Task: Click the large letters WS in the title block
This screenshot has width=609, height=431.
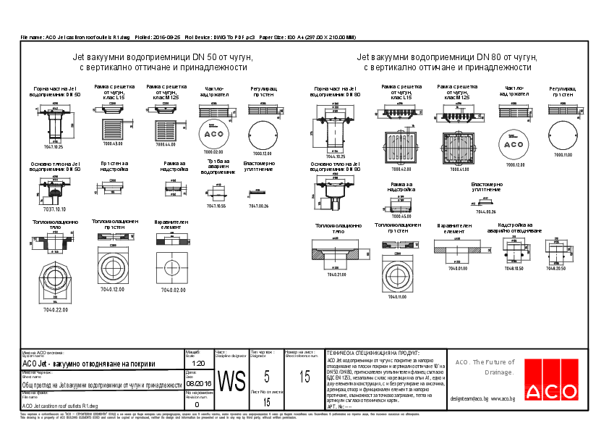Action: (231, 380)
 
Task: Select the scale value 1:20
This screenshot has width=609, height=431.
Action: (200, 363)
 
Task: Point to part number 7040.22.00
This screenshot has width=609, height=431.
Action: (56, 310)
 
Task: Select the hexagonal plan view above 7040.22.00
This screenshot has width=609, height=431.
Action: (56, 283)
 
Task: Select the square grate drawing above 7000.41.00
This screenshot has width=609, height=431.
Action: (459, 148)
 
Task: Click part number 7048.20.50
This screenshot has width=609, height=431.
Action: (555, 268)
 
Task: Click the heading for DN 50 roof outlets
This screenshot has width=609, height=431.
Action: (163, 62)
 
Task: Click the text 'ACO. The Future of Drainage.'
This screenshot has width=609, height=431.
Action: (485, 367)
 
